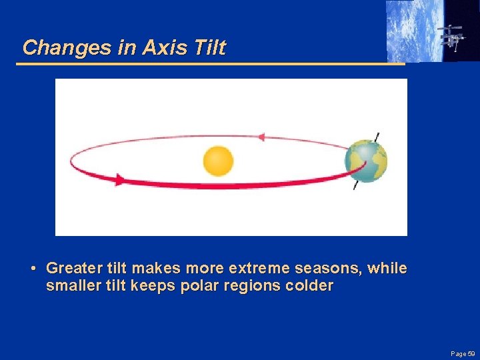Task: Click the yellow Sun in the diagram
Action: tap(218, 161)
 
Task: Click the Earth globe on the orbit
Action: tap(366, 161)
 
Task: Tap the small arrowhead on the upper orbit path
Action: tap(261, 137)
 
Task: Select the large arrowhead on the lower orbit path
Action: tap(120, 179)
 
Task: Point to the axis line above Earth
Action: tap(377, 136)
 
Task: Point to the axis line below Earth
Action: tap(355, 185)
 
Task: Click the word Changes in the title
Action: tap(59, 48)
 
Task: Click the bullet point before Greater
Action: tap(33, 269)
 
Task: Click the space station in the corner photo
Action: tap(451, 37)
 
